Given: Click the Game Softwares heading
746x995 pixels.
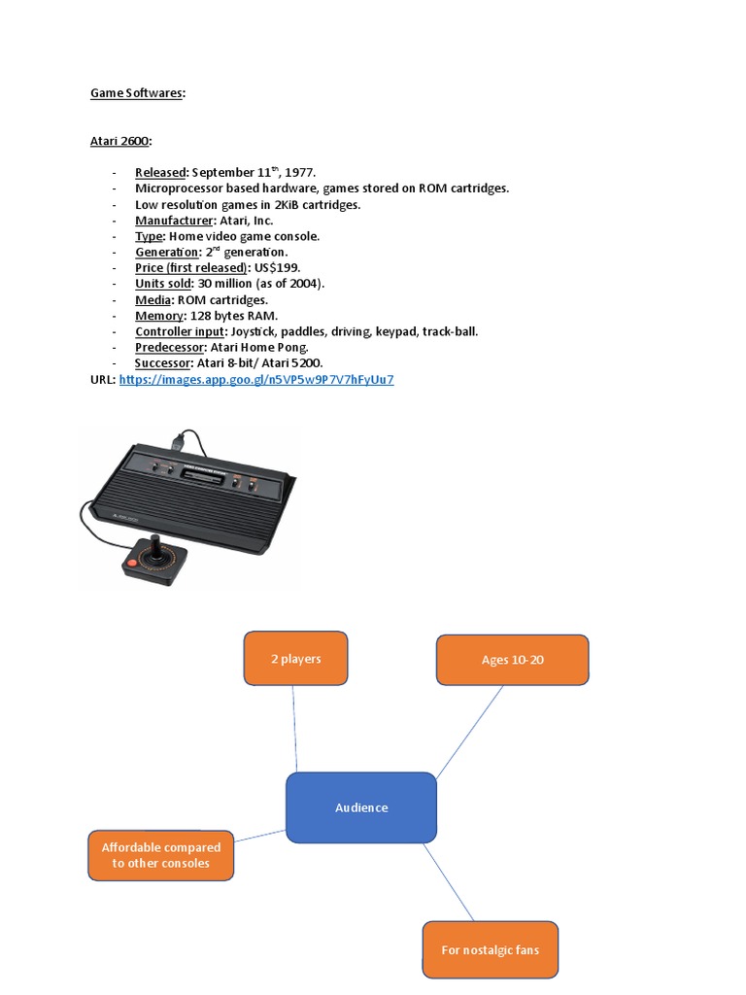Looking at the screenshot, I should (138, 93).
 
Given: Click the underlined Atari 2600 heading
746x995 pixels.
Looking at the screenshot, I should (120, 141).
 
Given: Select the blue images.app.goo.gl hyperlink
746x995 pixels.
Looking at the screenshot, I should (256, 380).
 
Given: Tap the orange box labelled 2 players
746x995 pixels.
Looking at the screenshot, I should (295, 659).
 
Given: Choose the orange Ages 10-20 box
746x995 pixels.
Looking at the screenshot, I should (512, 660).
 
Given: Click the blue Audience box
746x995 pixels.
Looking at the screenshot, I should (361, 807).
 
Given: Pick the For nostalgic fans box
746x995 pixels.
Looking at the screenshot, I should (490, 949).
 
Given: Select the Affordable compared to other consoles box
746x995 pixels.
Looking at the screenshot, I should (161, 855).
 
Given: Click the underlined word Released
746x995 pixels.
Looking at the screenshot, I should (159, 172).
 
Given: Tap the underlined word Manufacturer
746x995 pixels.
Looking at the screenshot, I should (172, 220).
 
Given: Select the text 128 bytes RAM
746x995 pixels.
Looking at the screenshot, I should (233, 316).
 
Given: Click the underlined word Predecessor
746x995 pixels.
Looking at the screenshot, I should (170, 347).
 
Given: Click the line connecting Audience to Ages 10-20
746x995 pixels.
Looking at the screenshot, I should (470, 731).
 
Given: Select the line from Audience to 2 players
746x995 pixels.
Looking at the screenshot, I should (294, 729).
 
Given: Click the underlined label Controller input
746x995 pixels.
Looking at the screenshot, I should (179, 331).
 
